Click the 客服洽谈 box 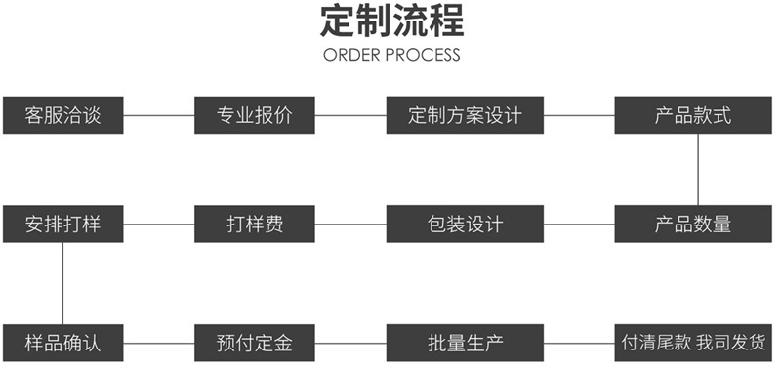pos(62,115)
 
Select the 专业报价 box pos(255,115)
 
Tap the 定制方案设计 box pos(465,115)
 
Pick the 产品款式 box pos(693,115)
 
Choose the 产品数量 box pos(693,224)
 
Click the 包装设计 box pos(465,224)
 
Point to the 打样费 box pos(255,224)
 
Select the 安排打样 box pos(62,224)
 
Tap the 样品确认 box pos(62,343)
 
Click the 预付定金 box pos(255,343)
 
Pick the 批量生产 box pos(465,343)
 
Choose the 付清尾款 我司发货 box pos(693,343)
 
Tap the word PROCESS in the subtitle pos(424,55)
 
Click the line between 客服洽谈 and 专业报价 pos(159,116)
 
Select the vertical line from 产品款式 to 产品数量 pos(698,169)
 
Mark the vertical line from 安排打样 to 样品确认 pos(63,283)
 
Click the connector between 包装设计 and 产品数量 pos(578,225)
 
